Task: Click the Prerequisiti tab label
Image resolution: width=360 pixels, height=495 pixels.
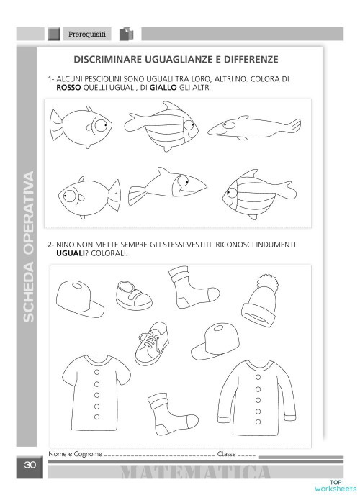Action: pyautogui.click(x=87, y=34)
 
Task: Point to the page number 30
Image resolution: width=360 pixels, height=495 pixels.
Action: pyautogui.click(x=30, y=466)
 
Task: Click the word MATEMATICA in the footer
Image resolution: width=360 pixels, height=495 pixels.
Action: pyautogui.click(x=196, y=473)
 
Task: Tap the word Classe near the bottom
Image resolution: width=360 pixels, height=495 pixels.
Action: pyautogui.click(x=227, y=454)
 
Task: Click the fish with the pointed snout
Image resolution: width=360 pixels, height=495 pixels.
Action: pyautogui.click(x=166, y=187)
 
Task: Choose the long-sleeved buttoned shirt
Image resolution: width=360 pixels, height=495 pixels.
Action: pyautogui.click(x=258, y=395)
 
